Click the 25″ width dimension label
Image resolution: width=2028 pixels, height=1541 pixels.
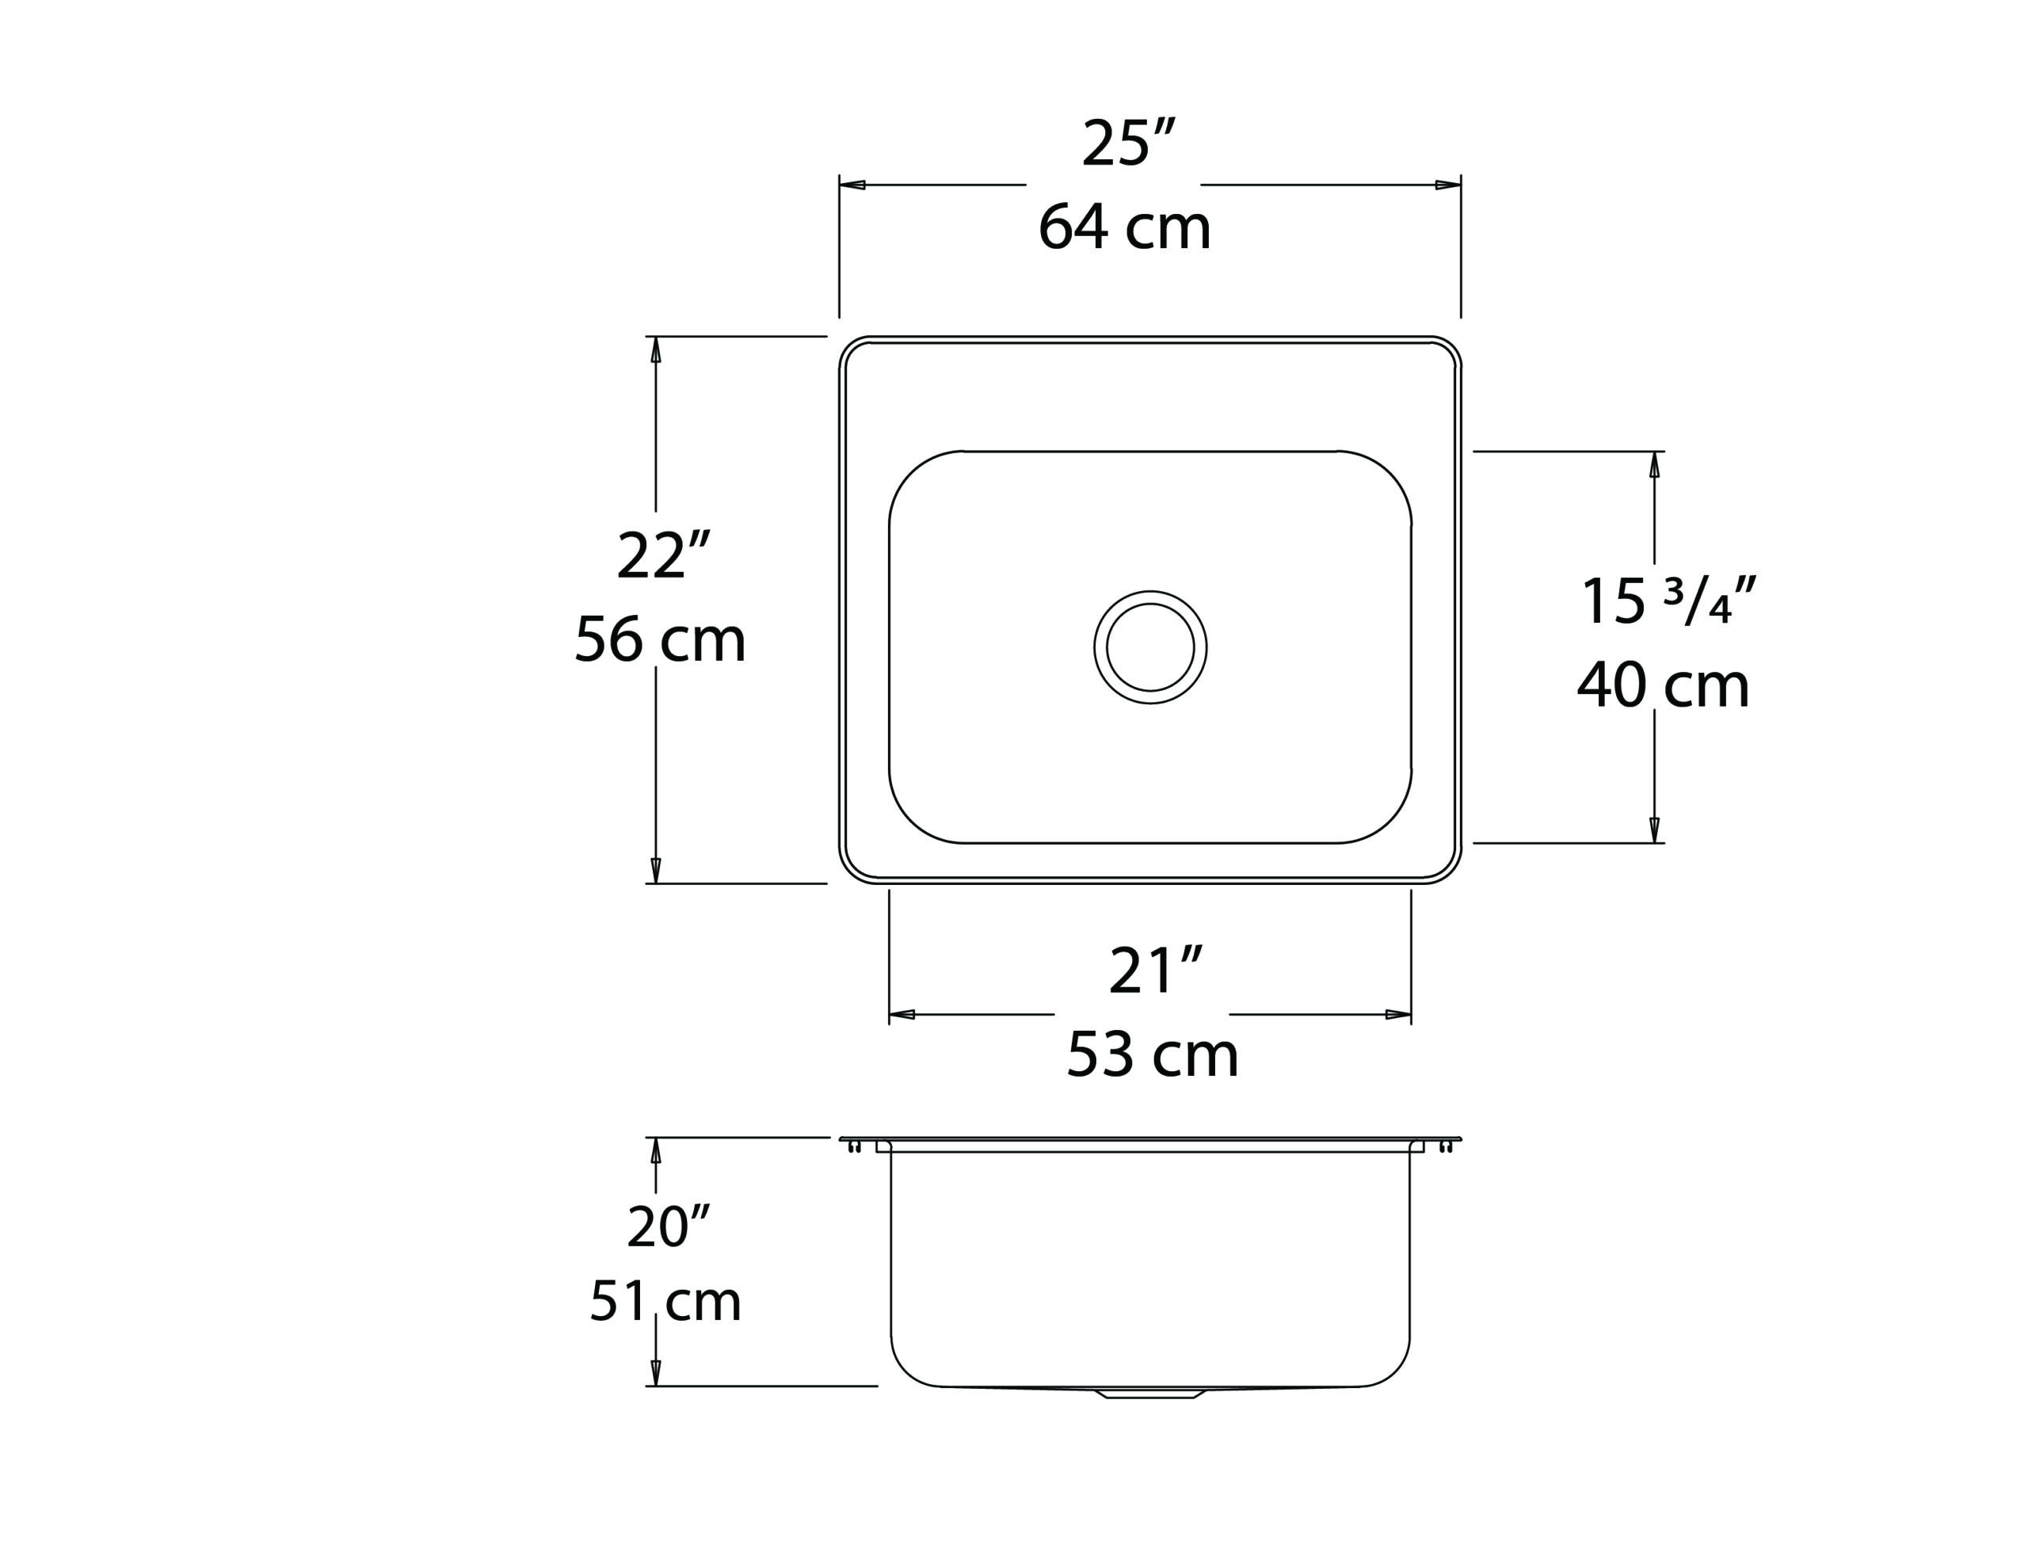pyautogui.click(x=1128, y=143)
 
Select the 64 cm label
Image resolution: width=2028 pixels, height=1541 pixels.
pyautogui.click(x=1125, y=227)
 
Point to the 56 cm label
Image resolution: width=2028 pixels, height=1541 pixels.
pyautogui.click(x=659, y=639)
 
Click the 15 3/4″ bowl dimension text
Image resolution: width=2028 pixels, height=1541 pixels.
pyautogui.click(x=1668, y=601)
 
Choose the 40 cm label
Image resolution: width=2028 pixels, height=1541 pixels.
pyautogui.click(x=1663, y=685)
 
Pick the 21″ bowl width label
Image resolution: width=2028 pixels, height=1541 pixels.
pyautogui.click(x=1155, y=971)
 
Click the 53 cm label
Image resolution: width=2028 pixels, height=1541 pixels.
pyautogui.click(x=1152, y=1055)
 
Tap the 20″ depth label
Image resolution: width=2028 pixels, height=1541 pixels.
pyautogui.click(x=669, y=1226)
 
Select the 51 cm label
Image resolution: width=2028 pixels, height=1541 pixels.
pyautogui.click(x=665, y=1301)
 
